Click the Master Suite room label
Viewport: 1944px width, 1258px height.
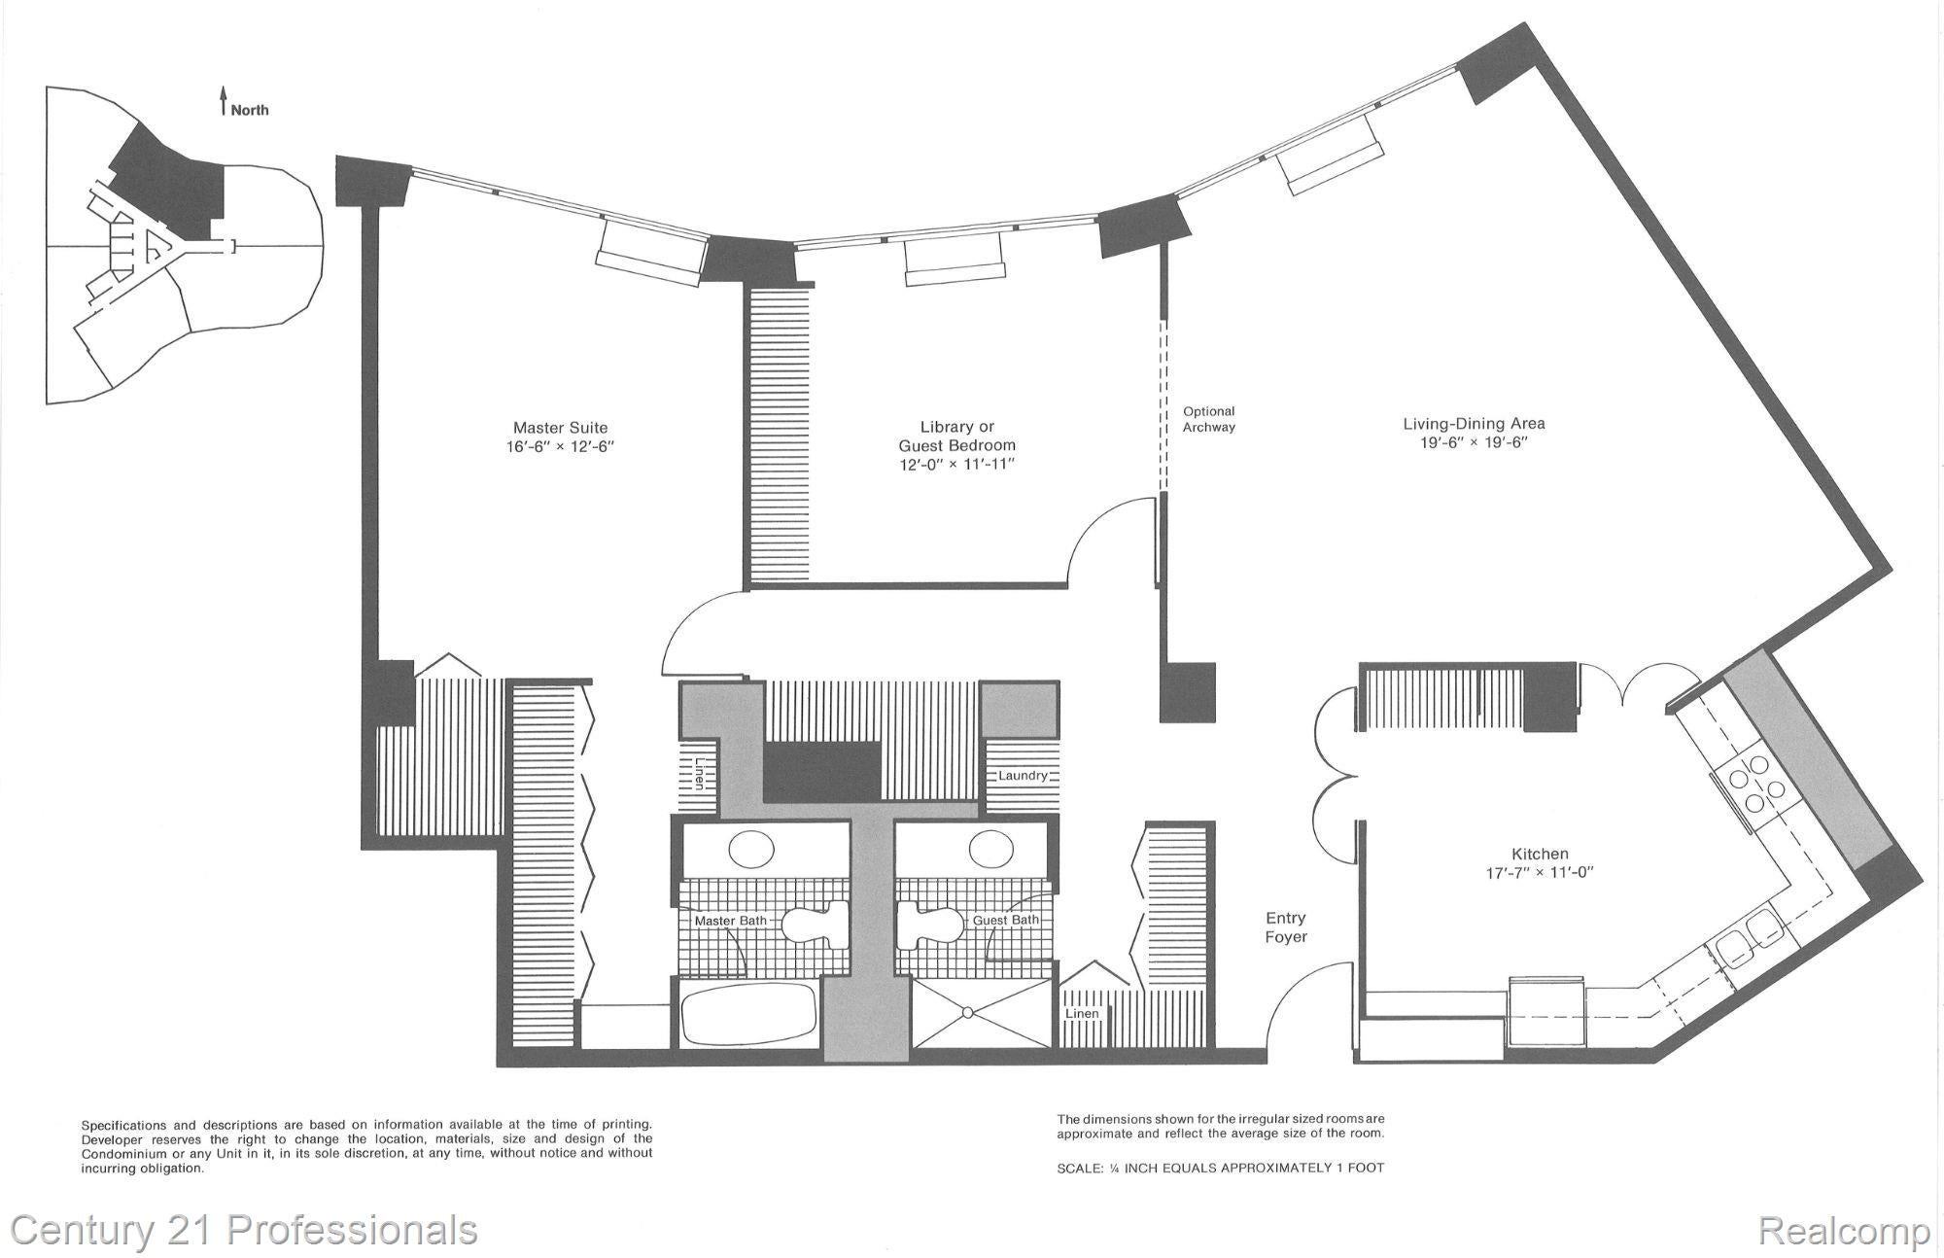[561, 428]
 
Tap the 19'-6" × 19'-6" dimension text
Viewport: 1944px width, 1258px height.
[1474, 442]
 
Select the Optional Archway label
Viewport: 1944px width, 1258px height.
[1208, 419]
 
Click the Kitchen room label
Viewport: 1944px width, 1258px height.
[1540, 854]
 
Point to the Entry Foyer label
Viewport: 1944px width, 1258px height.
[1285, 927]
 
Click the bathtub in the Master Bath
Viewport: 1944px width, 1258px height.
[746, 1016]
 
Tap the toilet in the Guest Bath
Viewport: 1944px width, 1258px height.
[929, 923]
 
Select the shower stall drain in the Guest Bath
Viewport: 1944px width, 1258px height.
[968, 1013]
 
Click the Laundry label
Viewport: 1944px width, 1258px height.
[1023, 775]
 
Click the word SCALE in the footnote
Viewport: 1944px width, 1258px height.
[1077, 1168]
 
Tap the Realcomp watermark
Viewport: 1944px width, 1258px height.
[1843, 1232]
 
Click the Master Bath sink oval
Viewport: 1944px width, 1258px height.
[751, 849]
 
